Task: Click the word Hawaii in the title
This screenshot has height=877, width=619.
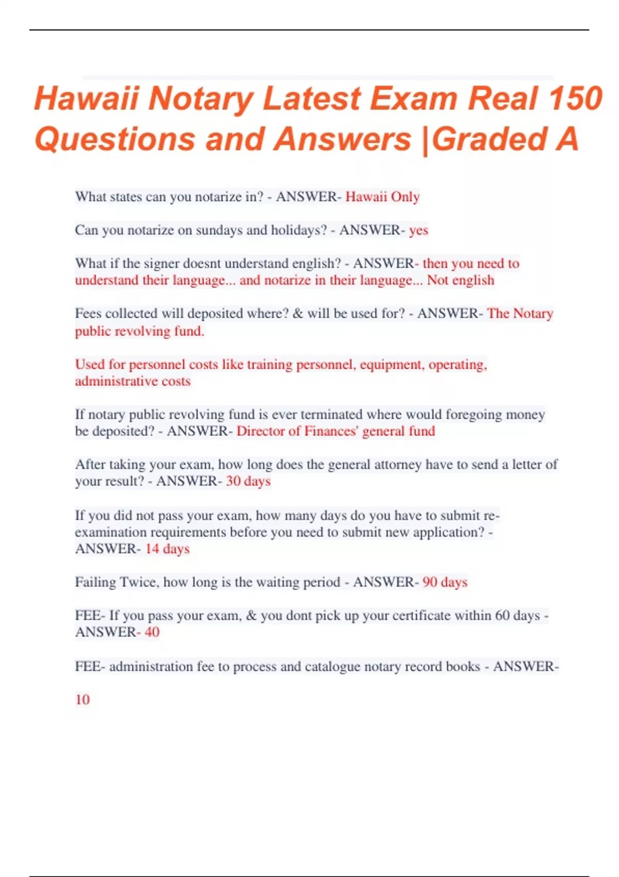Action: click(x=86, y=98)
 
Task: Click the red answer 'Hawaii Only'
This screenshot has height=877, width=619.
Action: click(x=382, y=197)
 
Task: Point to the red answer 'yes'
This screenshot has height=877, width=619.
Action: click(x=418, y=230)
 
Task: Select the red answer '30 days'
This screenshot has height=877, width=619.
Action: click(x=248, y=481)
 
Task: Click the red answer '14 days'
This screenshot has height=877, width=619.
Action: click(x=167, y=549)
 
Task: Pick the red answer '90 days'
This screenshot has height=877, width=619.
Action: click(x=445, y=582)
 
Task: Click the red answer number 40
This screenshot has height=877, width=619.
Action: click(x=152, y=632)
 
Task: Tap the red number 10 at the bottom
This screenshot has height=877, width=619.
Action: click(x=83, y=700)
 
